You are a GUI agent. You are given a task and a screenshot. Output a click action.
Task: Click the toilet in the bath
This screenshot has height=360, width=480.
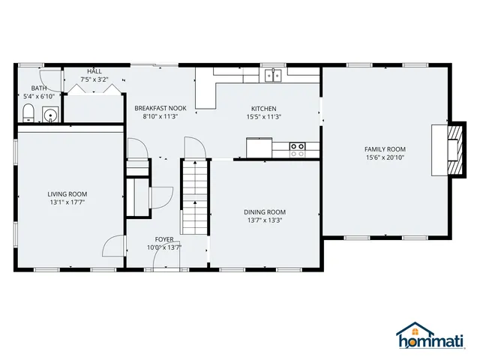pos(28,114)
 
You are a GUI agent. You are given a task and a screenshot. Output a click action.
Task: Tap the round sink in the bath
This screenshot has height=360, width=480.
pos(50,115)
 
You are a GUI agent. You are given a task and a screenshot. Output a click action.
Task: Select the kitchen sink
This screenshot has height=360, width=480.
pos(274,74)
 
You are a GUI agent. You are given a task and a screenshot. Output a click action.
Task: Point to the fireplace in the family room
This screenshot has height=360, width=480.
pos(443,149)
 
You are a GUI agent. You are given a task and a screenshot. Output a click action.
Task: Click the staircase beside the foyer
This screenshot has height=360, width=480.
pos(194,196)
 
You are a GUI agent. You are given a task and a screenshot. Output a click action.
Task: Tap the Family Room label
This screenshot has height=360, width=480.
pos(385,149)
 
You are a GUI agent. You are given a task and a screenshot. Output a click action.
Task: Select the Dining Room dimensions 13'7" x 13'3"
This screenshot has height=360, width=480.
pos(265,220)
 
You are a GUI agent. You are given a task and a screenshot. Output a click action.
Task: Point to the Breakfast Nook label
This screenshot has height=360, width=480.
pos(160,108)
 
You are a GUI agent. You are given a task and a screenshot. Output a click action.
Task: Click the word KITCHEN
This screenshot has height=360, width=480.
pos(263,108)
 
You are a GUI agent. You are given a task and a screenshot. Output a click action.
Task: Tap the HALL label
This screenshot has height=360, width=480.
pos(94,70)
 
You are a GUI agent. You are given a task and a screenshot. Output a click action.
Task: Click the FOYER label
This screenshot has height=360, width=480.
pos(164,238)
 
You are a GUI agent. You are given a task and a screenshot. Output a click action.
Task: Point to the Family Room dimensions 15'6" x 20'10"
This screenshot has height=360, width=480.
pos(385,157)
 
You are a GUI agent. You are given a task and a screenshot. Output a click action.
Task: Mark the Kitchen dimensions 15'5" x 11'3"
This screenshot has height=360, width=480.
pos(263,116)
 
